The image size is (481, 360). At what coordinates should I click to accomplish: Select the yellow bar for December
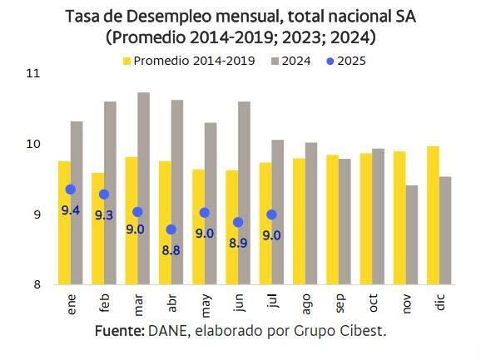[x=434, y=215]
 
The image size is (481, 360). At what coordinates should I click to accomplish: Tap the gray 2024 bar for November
[x=412, y=234]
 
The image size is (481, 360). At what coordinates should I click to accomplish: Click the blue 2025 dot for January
[x=71, y=190]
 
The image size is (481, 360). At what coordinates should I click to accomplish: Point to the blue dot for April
[x=171, y=229]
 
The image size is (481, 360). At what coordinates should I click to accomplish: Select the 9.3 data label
[x=104, y=215]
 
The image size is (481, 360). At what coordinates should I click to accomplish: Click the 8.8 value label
[x=171, y=250]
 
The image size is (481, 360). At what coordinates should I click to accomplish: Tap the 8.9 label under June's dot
[x=238, y=244]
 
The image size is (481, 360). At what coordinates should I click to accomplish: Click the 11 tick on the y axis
[x=33, y=73]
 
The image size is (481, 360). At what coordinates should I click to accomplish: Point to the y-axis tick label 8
[x=37, y=285]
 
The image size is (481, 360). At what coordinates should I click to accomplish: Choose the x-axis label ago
[x=306, y=304]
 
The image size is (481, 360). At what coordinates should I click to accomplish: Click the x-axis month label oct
[x=374, y=304]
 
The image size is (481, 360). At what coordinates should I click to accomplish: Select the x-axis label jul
[x=273, y=303]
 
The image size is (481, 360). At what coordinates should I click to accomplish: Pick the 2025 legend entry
[x=349, y=60]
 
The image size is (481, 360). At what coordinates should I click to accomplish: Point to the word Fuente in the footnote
[x=119, y=330]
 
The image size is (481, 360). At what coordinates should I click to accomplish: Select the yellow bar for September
[x=333, y=219]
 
